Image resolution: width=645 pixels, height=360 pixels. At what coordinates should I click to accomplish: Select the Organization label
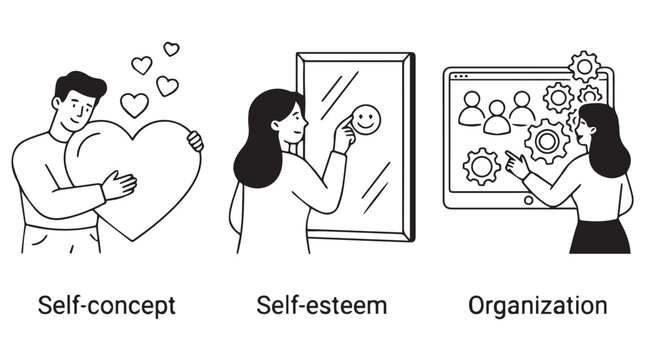pyautogui.click(x=537, y=304)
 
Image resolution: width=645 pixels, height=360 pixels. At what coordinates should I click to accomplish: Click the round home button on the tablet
pyautogui.click(x=529, y=201)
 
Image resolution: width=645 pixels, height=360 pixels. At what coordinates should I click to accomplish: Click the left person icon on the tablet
pyautogui.click(x=471, y=108)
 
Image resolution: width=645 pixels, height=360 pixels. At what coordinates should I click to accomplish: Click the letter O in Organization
pyautogui.click(x=476, y=304)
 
